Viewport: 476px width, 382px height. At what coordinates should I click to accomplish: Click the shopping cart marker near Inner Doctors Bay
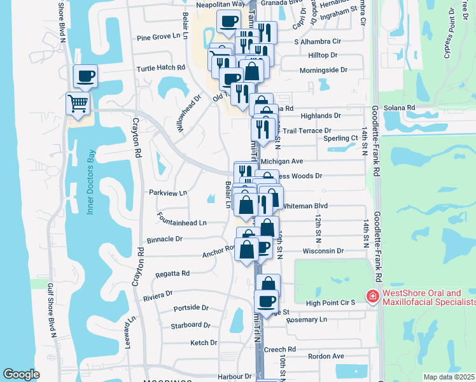pyautogui.click(x=78, y=103)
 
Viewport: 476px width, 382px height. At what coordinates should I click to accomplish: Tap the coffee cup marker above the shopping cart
pyautogui.click(x=85, y=76)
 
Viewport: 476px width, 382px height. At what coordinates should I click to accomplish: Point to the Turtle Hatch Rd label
pyautogui.click(x=160, y=67)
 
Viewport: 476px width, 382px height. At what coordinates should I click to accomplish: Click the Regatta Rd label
pyautogui.click(x=172, y=274)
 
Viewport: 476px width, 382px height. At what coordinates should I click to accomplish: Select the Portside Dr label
pyautogui.click(x=191, y=308)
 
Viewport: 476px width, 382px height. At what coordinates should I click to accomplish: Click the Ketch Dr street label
pyautogui.click(x=204, y=343)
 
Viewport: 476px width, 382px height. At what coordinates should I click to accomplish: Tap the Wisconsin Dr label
pyautogui.click(x=323, y=251)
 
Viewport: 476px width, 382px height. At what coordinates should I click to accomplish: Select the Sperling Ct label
pyautogui.click(x=340, y=138)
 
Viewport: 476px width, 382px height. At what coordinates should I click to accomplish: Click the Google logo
pyautogui.click(x=22, y=374)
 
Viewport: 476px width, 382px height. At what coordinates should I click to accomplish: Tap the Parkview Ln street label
pyautogui.click(x=167, y=192)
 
